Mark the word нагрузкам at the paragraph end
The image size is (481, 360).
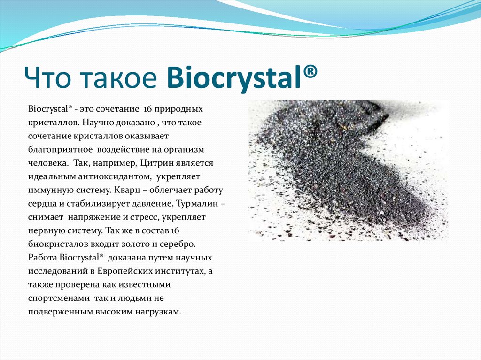pos(159,312)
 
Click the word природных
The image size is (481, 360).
pos(182,109)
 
